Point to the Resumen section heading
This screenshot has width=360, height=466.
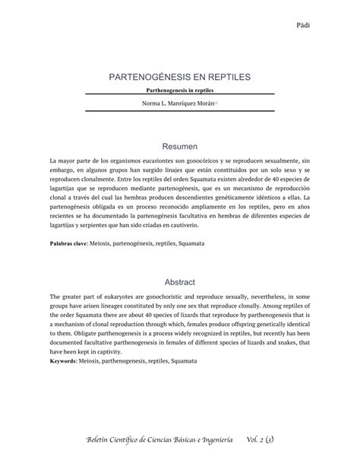[180, 144]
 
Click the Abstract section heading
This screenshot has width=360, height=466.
[180, 281]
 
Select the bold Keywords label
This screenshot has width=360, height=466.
[68, 360]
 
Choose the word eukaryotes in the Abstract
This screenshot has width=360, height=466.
[109, 297]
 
